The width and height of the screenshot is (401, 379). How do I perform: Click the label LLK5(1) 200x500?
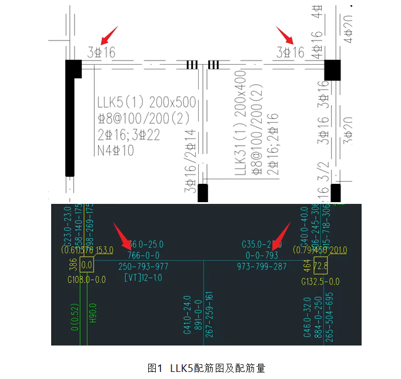tap(147, 102)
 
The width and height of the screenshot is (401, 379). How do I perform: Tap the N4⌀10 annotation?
tap(116, 150)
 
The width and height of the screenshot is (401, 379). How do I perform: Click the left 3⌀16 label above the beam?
tap(101, 52)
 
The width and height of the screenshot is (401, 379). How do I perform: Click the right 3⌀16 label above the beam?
tap(290, 52)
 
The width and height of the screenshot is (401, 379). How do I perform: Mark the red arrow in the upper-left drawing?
tap(109, 35)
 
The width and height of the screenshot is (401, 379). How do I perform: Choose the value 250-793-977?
tap(143, 266)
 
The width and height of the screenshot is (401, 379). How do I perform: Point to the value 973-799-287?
tap(263, 266)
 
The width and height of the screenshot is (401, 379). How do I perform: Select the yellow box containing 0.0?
tap(87, 266)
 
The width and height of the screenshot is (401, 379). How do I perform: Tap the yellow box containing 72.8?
tap(320, 266)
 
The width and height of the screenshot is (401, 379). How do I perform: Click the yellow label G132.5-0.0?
tap(320, 281)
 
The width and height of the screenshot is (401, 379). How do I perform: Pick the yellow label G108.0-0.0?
tap(87, 280)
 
